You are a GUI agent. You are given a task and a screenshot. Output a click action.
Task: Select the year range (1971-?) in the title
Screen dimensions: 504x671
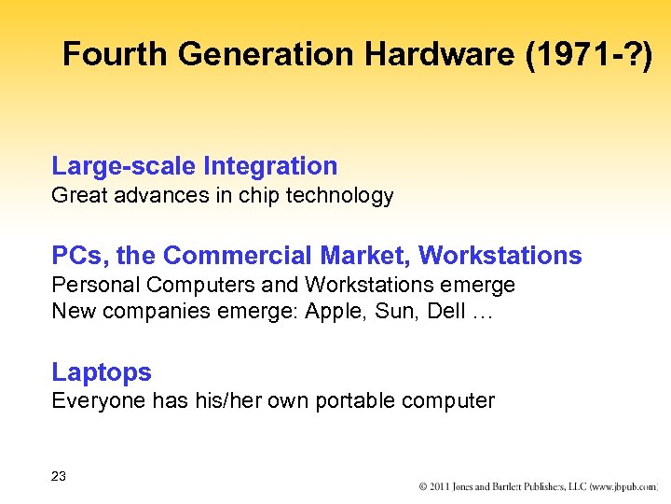[x=589, y=55]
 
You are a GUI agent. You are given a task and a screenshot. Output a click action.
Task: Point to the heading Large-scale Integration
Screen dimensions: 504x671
[x=195, y=167]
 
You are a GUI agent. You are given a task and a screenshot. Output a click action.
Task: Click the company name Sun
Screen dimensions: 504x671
[x=399, y=312]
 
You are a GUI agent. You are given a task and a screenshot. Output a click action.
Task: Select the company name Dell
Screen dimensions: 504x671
[x=446, y=312]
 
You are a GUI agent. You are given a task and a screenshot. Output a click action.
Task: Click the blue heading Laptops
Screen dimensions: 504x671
[x=102, y=372]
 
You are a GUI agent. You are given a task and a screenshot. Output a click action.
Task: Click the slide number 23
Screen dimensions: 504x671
[x=59, y=477]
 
